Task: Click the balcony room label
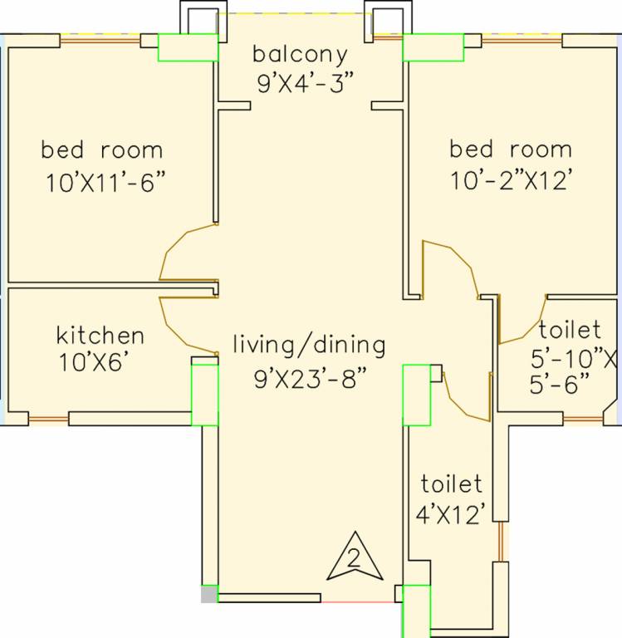(300, 55)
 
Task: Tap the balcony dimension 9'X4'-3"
(304, 83)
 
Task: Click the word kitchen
(100, 336)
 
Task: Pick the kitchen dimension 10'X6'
(96, 361)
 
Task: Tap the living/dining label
(309, 346)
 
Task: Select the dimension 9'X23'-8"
(311, 378)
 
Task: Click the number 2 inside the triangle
(355, 558)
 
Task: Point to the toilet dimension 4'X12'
(450, 514)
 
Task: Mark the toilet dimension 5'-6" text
(560, 383)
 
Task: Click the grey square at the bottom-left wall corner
(208, 594)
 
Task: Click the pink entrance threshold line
(358, 601)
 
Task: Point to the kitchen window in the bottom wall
(48, 419)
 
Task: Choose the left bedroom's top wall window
(100, 40)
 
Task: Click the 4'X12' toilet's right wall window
(501, 542)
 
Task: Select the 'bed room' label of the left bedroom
(102, 150)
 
